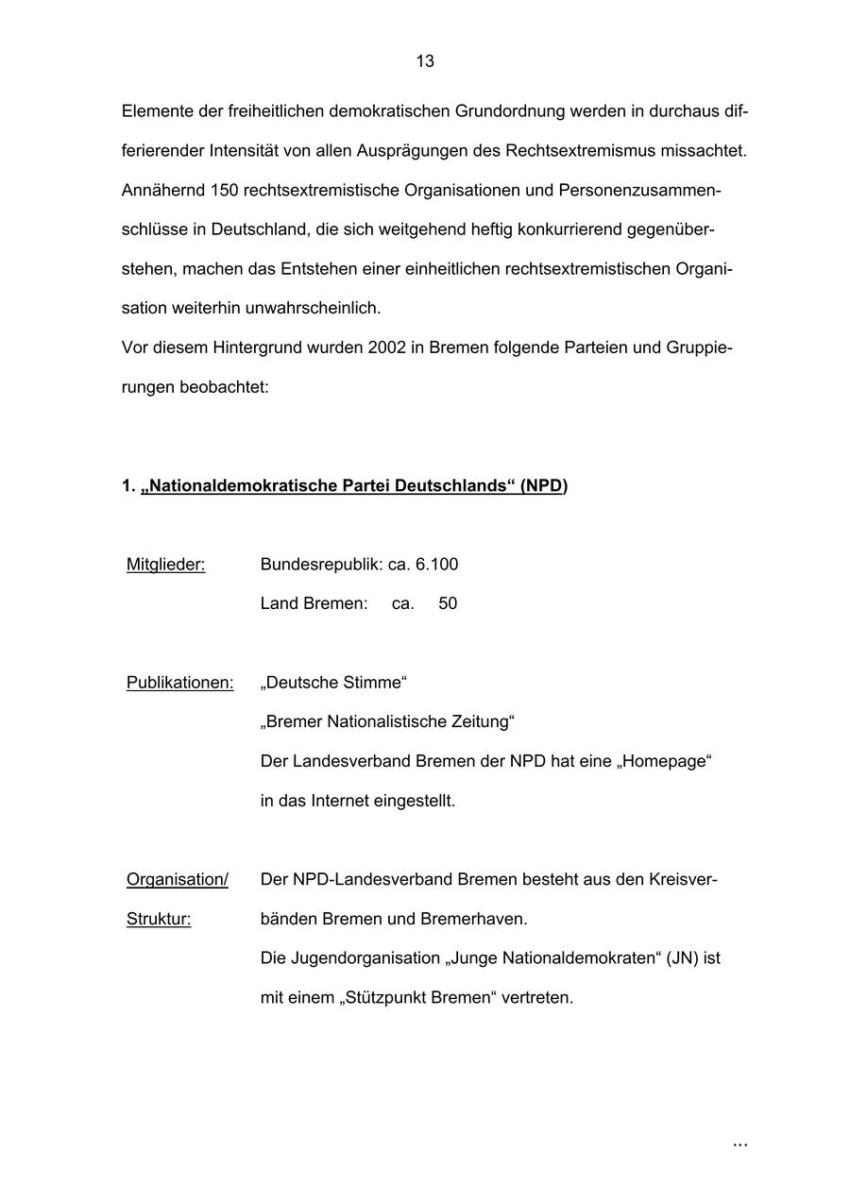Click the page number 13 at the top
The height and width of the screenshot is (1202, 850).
coord(425,61)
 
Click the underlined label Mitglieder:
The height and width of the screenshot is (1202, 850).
coord(165,565)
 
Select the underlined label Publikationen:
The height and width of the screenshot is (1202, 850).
coord(179,683)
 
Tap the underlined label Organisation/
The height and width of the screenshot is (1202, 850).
coord(178,880)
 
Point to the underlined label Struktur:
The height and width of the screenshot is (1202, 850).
coord(159,919)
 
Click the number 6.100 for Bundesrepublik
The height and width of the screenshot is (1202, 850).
coord(436,565)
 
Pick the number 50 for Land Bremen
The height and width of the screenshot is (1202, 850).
coord(448,603)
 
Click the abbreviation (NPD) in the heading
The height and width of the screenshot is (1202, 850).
coord(543,486)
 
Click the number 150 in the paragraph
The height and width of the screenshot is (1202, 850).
coord(225,191)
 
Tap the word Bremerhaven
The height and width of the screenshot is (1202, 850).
coord(472,919)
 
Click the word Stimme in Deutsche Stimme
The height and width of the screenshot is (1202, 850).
coord(373,683)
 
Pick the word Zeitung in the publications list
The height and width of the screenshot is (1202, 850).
coord(477,722)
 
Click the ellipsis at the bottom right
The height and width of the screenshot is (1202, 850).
coord(739,1144)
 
